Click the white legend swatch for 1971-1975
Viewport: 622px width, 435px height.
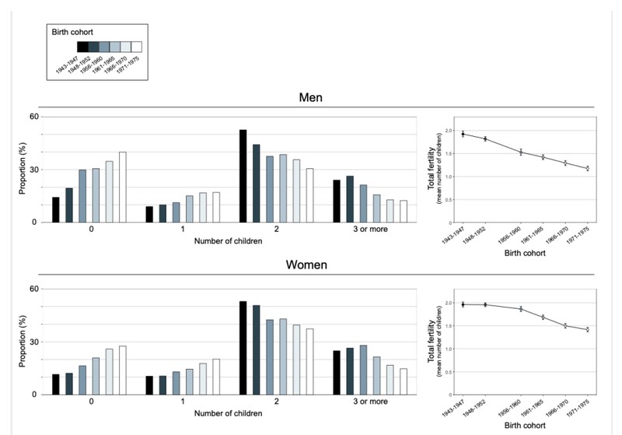(x=136, y=47)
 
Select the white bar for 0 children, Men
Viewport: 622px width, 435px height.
(x=123, y=187)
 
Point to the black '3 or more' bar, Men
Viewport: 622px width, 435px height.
(x=337, y=201)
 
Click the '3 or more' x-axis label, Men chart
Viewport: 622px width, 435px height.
(x=369, y=230)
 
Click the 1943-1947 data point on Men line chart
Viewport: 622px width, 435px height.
(x=463, y=134)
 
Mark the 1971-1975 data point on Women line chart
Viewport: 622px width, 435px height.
(x=588, y=330)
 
